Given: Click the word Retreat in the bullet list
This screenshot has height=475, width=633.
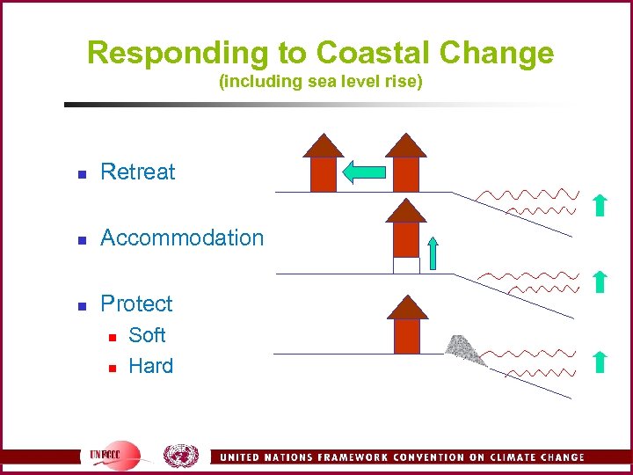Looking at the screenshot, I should (138, 172).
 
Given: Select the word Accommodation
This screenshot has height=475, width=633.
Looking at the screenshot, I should (182, 237).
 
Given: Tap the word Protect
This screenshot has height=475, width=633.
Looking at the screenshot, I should (136, 303).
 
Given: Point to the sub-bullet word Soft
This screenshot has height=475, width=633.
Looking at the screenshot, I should (147, 335).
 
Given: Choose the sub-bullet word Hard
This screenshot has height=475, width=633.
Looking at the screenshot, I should (150, 366).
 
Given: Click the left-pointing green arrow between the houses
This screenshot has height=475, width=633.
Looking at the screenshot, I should (363, 172).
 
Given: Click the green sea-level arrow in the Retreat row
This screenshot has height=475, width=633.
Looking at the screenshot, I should (598, 205).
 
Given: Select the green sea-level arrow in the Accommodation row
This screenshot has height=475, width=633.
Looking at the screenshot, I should (598, 281).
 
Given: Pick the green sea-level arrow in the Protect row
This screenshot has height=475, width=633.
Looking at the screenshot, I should (598, 361).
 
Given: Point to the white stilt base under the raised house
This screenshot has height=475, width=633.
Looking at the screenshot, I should (405, 265).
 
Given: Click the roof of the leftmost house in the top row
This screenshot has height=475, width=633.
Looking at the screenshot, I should (324, 145).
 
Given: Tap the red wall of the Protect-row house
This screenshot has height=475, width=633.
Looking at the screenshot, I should (407, 336).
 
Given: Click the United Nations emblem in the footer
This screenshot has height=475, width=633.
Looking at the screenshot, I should (180, 456).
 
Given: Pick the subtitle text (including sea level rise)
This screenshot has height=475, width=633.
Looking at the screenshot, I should (320, 83).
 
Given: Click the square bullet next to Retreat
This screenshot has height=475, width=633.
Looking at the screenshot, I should (81, 173).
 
